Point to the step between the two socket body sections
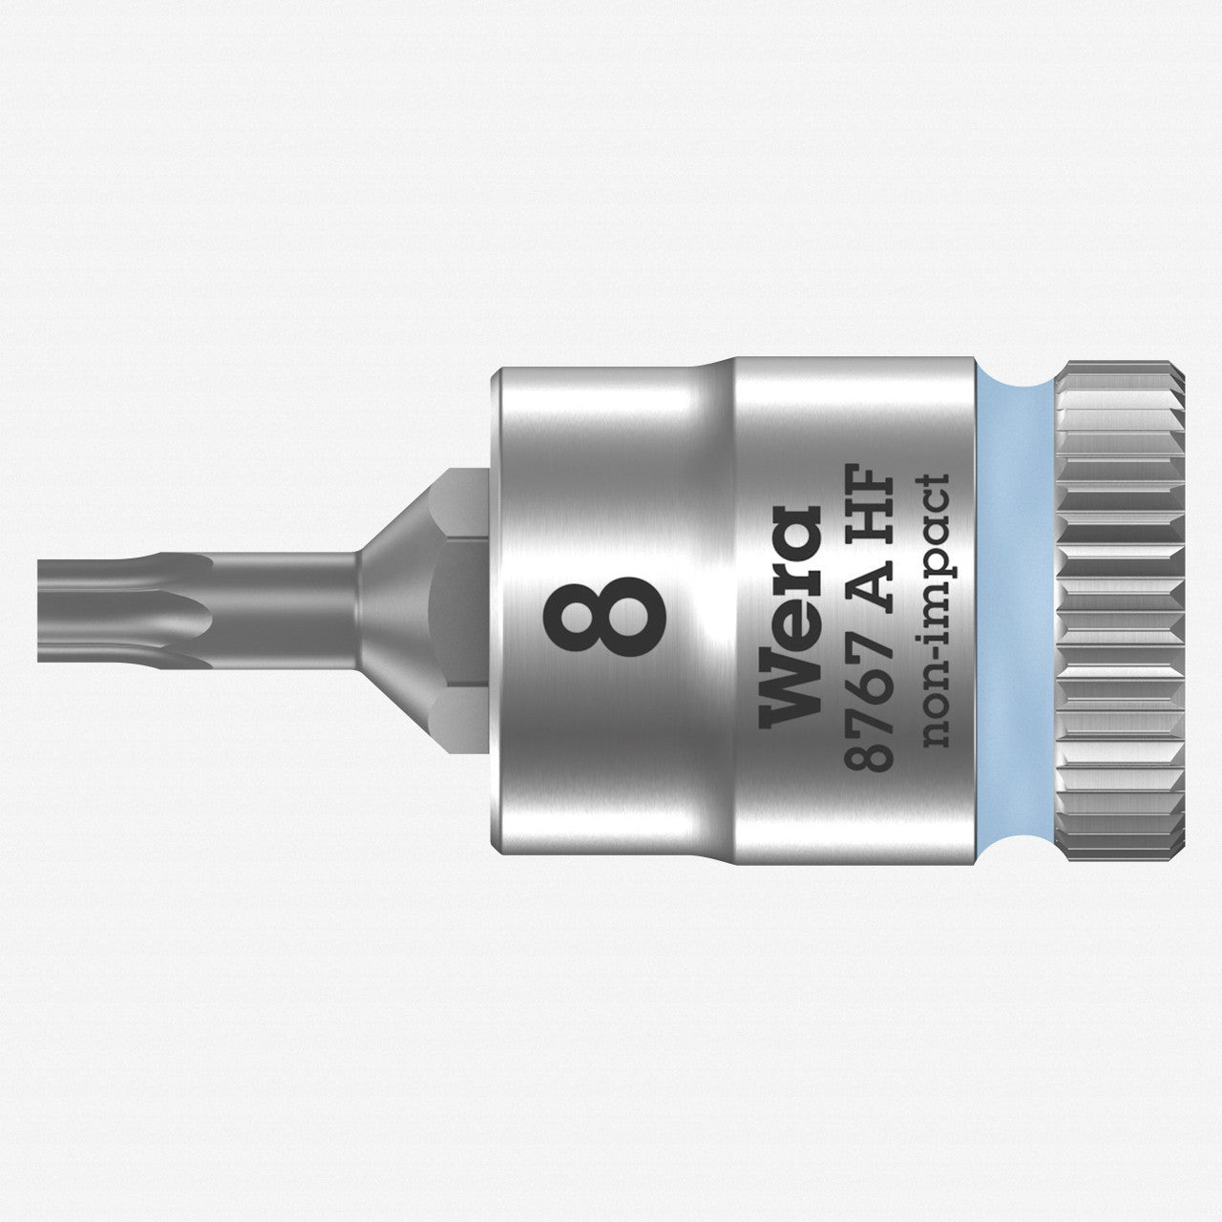[x=723, y=611]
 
